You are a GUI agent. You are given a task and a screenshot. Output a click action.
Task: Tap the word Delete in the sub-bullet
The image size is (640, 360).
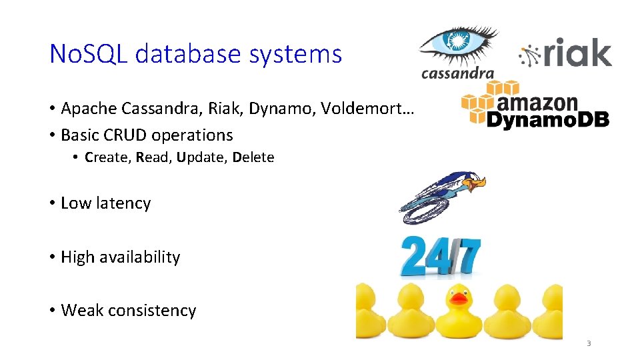coord(253,158)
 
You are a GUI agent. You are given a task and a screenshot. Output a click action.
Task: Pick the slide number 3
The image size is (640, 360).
coord(589,343)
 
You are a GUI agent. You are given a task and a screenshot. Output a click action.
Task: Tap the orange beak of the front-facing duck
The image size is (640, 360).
coord(459,299)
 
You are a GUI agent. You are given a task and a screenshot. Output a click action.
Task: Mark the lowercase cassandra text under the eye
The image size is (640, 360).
coord(457,73)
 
